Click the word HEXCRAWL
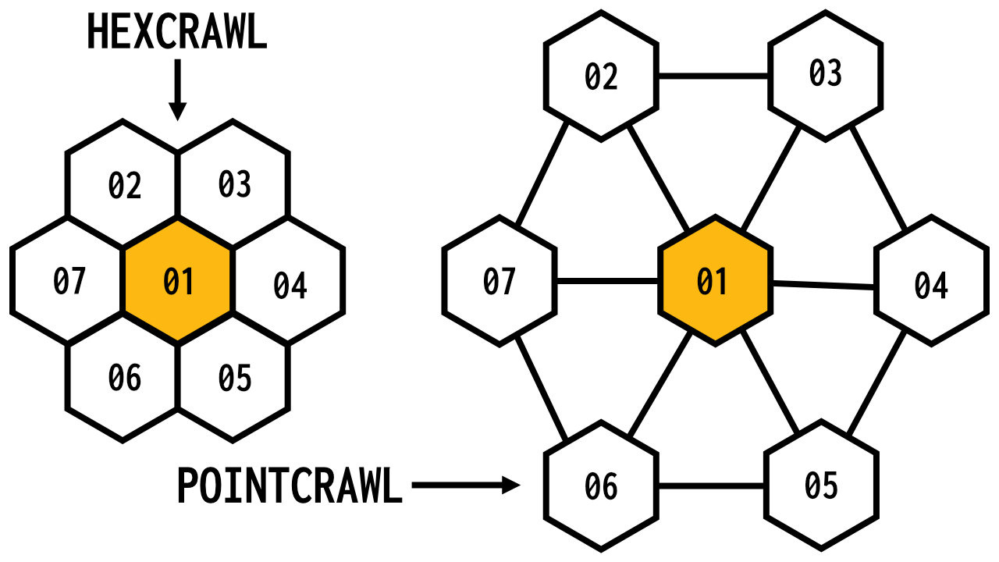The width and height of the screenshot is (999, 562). pos(176,34)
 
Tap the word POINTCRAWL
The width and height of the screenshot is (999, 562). pos(289,486)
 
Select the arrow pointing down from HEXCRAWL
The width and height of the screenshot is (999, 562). pos(178,90)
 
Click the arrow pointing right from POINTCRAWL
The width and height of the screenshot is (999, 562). pos(465,486)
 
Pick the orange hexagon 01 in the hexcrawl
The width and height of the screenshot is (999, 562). pos(178,281)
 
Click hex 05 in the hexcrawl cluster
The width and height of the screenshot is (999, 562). pos(234,378)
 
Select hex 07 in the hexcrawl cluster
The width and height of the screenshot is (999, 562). pos(69,281)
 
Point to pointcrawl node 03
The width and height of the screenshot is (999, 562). pos(825,74)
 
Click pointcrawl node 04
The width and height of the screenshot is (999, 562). pos(931,285)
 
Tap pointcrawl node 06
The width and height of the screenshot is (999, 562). pos(601,486)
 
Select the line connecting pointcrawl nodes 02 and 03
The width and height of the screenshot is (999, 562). pos(713,76)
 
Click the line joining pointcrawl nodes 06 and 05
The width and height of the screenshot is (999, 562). pos(710,486)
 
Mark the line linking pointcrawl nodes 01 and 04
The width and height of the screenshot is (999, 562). pos(823,285)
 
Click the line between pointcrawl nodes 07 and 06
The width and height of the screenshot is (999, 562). pos(542,388)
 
